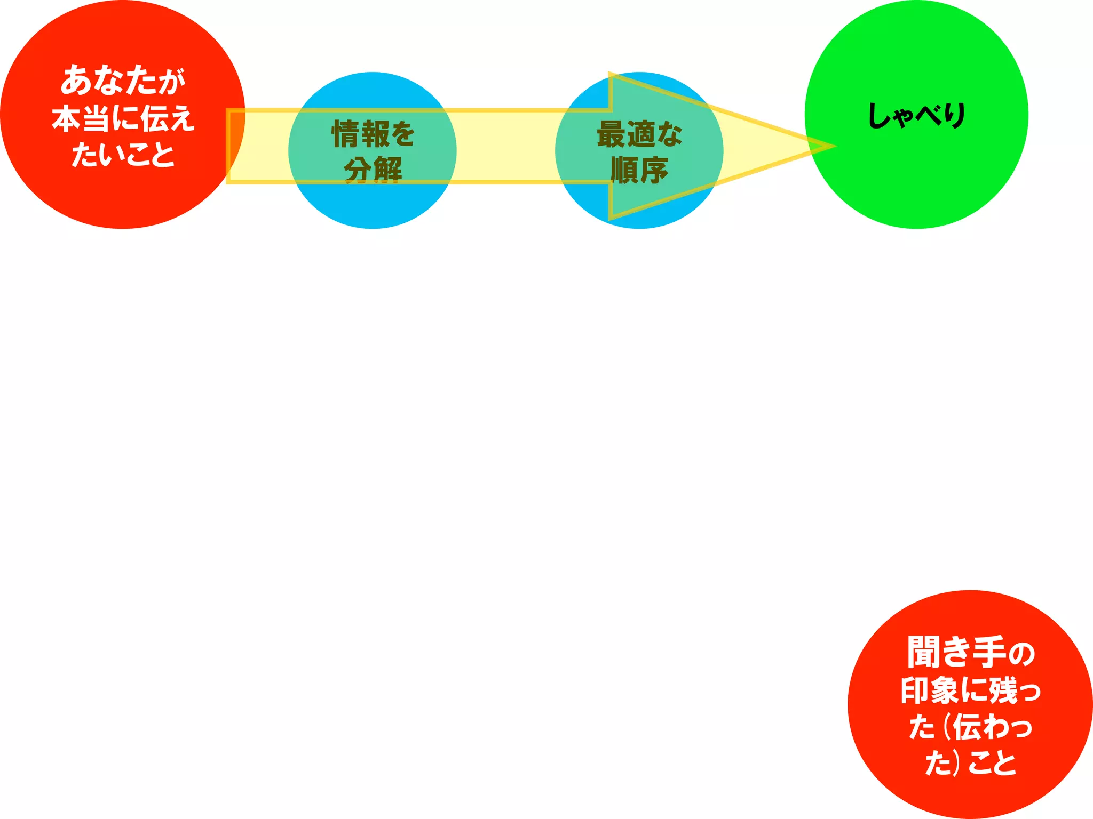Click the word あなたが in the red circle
point(123,81)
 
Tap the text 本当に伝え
point(123,118)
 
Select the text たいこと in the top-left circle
point(123,155)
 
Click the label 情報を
point(373,134)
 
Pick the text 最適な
point(639,134)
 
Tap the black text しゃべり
point(916,115)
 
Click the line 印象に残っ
point(970,691)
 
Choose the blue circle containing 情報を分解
point(373,208)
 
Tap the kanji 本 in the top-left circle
point(67,118)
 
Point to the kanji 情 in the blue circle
point(346,134)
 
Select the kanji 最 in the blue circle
point(611,134)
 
